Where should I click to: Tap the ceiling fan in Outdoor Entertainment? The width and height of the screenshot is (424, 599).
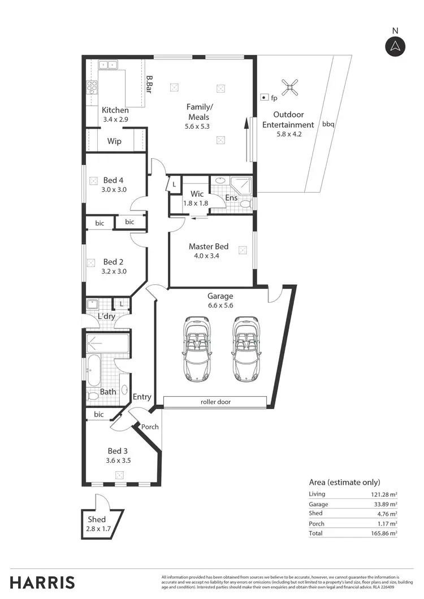coord(292,86)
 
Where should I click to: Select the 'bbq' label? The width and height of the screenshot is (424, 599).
coord(328,124)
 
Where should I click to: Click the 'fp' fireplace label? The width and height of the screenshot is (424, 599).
coord(274,98)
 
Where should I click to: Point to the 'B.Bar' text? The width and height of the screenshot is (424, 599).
coord(149,85)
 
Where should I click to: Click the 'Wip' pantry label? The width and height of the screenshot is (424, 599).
coord(115,141)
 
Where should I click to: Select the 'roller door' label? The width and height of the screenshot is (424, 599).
coord(215,402)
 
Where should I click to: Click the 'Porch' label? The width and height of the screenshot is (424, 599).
coord(150,427)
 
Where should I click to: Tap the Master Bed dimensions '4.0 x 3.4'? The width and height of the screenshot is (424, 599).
coord(207,255)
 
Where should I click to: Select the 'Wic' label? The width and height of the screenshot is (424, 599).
coord(197,194)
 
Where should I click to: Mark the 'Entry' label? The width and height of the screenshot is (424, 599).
coord(142,397)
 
